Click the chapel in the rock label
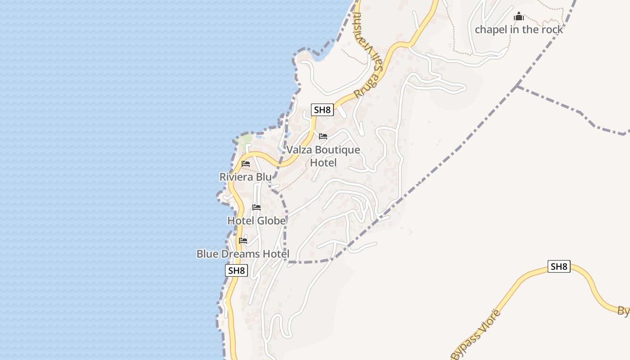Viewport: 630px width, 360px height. (x=519, y=30)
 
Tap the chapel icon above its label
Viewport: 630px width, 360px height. (x=519, y=17)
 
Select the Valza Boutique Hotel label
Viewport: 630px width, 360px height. (x=324, y=156)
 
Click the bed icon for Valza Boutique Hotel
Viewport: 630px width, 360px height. (x=323, y=136)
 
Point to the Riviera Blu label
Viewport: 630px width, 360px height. (x=246, y=177)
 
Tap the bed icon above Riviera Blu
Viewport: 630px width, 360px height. (x=246, y=164)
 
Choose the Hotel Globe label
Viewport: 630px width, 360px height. (x=256, y=220)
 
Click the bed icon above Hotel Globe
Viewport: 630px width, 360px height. (x=256, y=207)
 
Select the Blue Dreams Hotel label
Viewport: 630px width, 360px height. (x=243, y=254)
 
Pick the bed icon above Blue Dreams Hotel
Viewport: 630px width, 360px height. (x=243, y=241)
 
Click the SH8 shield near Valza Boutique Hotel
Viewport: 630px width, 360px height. (x=322, y=110)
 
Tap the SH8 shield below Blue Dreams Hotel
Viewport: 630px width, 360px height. (x=236, y=270)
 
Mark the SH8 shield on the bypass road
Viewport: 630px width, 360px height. (x=559, y=266)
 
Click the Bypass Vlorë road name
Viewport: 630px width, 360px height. (x=475, y=333)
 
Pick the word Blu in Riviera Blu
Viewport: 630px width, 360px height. (x=264, y=177)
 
